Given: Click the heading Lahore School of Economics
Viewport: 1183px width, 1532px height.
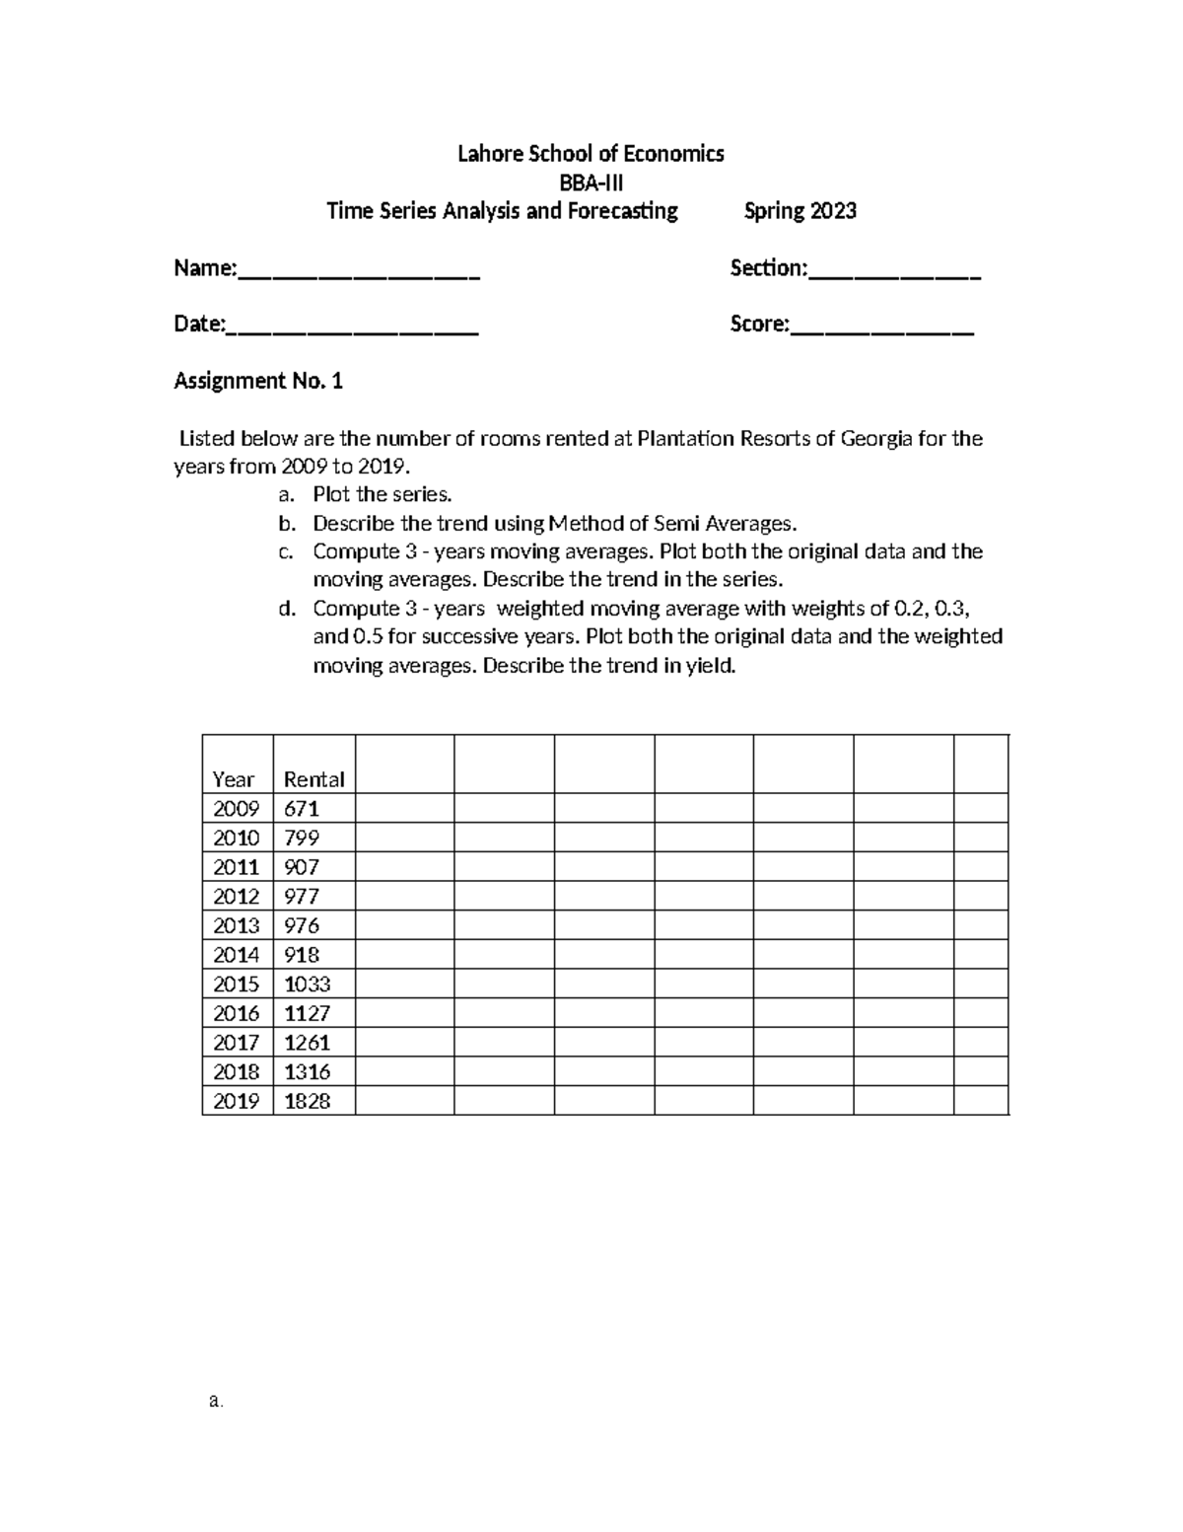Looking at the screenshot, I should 591,154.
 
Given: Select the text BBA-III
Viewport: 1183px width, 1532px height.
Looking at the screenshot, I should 591,182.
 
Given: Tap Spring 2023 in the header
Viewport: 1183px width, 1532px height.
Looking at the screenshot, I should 800,211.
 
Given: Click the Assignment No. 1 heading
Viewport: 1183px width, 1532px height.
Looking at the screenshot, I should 258,382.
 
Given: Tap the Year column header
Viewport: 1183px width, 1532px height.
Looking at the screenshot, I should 234,779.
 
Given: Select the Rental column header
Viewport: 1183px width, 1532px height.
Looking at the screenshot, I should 313,779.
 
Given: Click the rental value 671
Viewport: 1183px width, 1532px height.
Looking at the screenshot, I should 302,809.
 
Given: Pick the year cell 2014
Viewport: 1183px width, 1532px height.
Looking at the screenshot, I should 237,955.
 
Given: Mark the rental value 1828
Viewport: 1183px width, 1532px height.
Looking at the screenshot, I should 307,1101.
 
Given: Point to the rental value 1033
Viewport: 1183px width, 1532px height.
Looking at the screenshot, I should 307,985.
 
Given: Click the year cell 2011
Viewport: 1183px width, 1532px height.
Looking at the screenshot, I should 237,867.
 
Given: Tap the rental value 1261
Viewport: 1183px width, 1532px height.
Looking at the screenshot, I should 307,1043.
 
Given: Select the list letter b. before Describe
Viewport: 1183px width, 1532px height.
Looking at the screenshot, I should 286,524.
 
